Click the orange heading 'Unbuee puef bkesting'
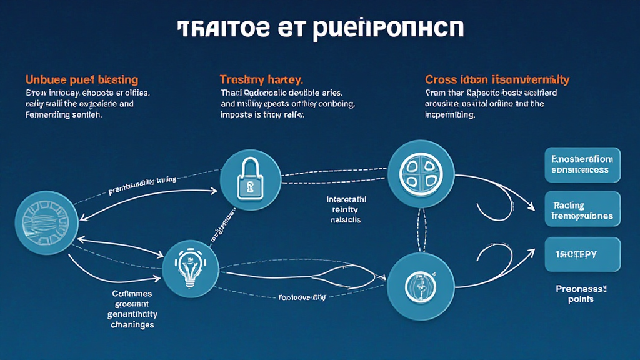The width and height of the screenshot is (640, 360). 81,80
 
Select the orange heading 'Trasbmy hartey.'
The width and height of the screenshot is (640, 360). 261,80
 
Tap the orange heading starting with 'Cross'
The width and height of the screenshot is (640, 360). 497,80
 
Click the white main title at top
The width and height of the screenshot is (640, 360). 320,28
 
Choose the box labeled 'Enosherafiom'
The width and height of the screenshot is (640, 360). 582,164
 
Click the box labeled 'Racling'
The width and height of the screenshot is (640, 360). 582,210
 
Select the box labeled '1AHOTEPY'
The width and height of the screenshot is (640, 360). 582,254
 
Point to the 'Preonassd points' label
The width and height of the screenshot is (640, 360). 581,294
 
